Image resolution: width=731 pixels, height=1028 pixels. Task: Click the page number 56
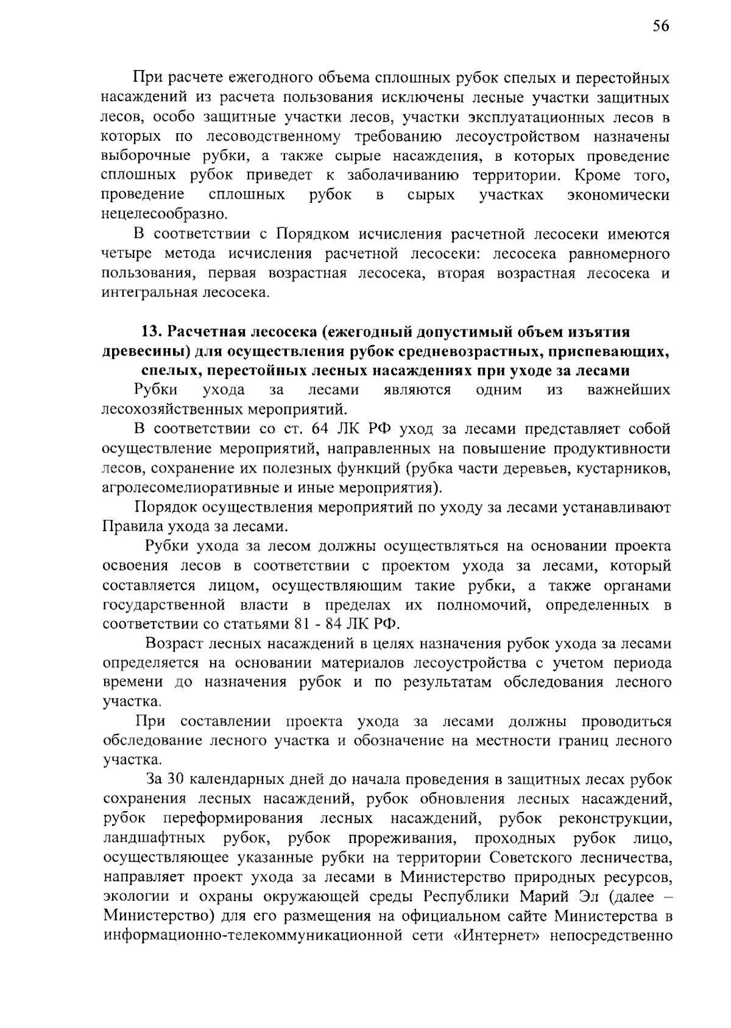coord(660,26)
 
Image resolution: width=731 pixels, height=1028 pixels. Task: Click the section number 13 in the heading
coord(149,332)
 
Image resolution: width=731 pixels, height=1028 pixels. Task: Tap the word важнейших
coord(629,390)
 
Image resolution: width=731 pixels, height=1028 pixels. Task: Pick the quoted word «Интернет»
coord(498,936)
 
